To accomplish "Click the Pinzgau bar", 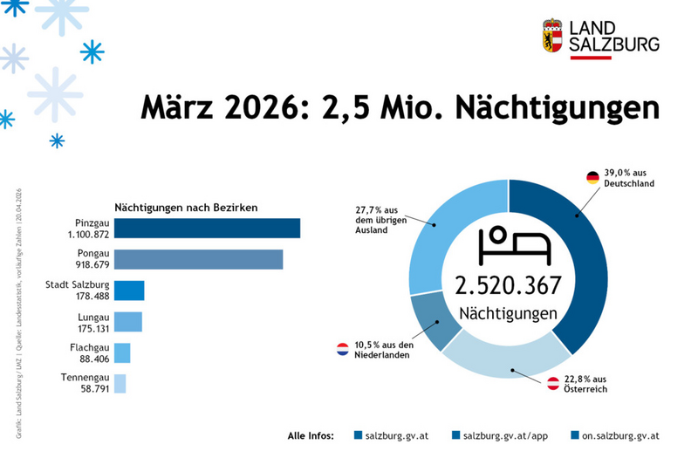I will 207,229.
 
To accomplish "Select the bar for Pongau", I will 198,259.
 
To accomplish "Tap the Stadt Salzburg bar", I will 129,291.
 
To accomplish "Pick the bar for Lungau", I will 127,322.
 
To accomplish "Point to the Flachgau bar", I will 122,352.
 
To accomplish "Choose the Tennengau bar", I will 120,384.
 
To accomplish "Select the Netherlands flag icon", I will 343,350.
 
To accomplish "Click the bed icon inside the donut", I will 508,245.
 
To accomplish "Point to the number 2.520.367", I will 508,285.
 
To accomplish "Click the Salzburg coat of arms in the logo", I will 552,36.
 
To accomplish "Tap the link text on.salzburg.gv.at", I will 619,434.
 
